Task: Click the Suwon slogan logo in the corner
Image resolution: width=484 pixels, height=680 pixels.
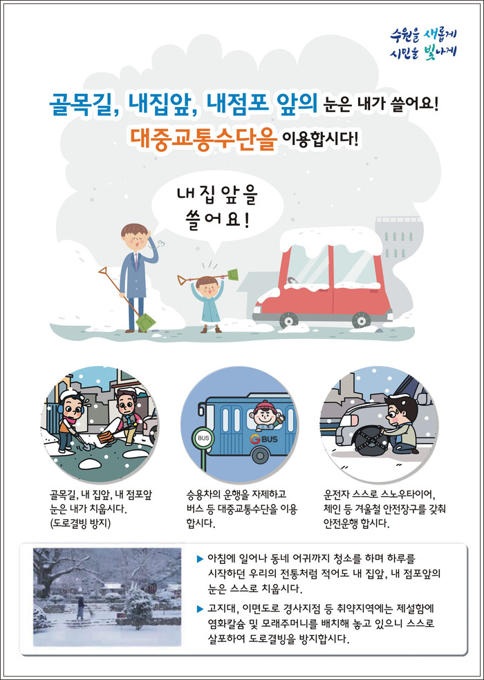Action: click(423, 43)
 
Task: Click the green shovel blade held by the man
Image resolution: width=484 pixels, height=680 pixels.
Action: click(146, 322)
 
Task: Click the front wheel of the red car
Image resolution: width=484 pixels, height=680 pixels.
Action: click(288, 320)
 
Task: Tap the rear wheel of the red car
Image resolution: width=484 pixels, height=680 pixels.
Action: click(361, 320)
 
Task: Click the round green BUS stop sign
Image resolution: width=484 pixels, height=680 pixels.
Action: click(203, 438)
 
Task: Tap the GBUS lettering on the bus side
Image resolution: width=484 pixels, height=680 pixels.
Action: click(263, 439)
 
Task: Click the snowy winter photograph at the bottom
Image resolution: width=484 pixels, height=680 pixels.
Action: click(107, 597)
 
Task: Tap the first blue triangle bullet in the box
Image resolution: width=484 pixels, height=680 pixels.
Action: click(200, 558)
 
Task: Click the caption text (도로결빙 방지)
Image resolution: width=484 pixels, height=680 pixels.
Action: click(80, 523)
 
